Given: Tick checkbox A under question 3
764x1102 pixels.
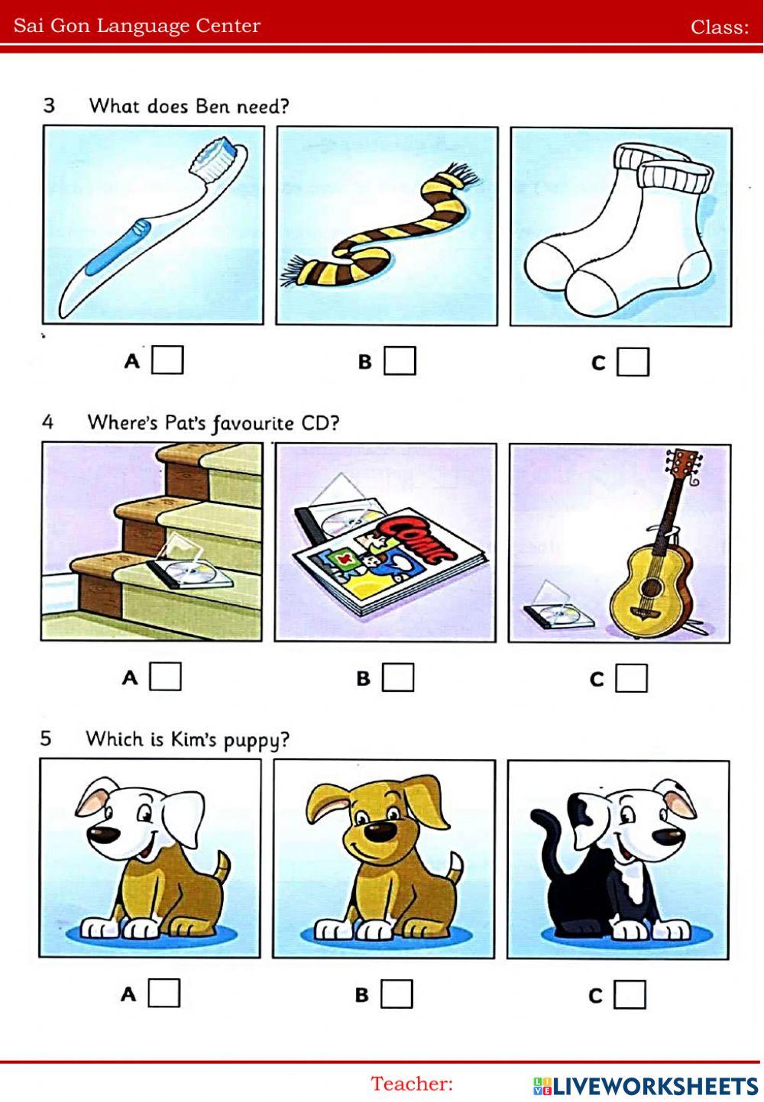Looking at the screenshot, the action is coord(167,360).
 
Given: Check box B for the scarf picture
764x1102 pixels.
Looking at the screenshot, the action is coord(400,360).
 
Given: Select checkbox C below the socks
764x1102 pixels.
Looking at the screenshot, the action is coord(633,361).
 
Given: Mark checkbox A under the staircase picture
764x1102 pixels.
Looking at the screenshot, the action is coord(165,677).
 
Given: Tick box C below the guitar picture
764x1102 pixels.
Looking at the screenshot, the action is coord(631,678).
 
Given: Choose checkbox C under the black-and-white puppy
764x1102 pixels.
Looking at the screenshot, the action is coord(630,994).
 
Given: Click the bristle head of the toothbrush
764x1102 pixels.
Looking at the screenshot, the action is coord(215,157).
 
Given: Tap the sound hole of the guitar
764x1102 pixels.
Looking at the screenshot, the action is coord(652,587).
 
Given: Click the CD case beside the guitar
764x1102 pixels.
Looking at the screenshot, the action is coord(558,606).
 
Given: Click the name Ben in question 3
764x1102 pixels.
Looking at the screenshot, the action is coord(214,106).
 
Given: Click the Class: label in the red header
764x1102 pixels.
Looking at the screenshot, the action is coord(720,27).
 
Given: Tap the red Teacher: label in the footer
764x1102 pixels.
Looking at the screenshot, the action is coord(412,1084).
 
